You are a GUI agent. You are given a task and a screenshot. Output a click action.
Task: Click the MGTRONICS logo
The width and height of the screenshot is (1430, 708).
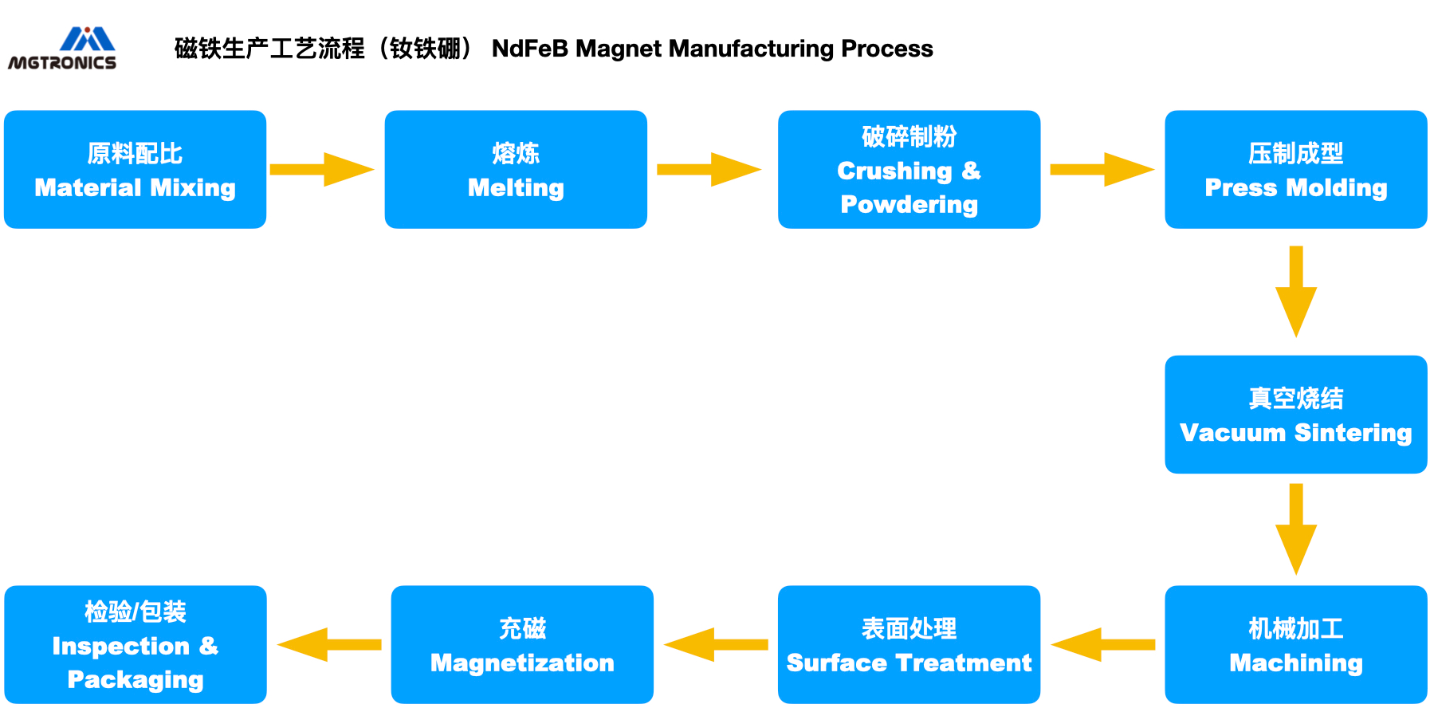click(62, 49)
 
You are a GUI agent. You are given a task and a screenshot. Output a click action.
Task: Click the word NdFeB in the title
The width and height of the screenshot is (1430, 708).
click(530, 49)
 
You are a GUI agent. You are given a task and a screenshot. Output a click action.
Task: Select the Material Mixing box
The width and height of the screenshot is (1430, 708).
click(135, 170)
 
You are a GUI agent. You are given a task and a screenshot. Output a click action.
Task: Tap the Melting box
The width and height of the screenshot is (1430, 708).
click(516, 170)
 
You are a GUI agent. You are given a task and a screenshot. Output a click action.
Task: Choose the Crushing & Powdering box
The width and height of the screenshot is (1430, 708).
click(909, 170)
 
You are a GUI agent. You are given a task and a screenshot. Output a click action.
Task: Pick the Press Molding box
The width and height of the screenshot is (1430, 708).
click(1296, 170)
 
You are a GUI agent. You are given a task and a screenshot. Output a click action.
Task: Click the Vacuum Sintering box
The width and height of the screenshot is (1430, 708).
click(1296, 415)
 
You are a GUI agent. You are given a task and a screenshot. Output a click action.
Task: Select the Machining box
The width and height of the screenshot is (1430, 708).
click(1296, 645)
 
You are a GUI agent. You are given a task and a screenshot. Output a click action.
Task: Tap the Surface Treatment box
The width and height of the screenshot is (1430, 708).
click(909, 645)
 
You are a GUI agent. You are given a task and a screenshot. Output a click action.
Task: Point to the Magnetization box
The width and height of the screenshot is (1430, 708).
click(522, 645)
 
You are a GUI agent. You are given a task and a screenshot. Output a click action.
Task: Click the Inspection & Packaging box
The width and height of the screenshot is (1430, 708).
click(136, 645)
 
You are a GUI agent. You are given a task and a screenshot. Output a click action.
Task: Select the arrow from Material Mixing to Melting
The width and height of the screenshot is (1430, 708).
click(322, 170)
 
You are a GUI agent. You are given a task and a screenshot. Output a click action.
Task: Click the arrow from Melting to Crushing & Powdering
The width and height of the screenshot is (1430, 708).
click(709, 170)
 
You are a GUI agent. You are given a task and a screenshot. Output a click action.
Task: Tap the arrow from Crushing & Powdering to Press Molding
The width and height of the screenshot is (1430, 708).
click(1102, 170)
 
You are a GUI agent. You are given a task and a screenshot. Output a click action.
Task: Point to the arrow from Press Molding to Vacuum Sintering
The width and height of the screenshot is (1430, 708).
click(1296, 292)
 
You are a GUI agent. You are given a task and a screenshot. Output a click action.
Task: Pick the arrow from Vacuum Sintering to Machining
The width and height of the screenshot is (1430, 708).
click(1296, 529)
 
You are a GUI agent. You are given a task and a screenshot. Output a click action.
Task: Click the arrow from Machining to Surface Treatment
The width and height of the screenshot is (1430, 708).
click(1103, 645)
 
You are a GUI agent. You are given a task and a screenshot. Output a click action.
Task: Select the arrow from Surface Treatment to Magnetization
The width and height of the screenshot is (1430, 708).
click(716, 645)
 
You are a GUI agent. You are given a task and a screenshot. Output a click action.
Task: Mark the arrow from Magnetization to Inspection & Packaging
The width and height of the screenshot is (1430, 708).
click(329, 645)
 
